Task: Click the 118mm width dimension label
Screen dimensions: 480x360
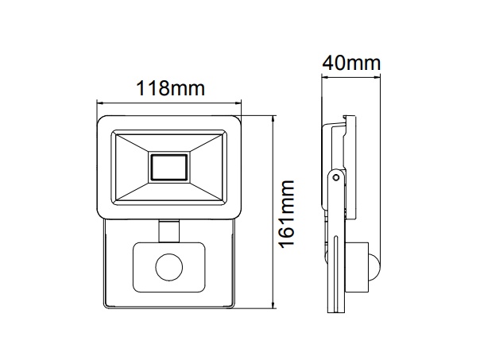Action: (170, 89)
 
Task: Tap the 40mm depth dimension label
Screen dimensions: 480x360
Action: (351, 63)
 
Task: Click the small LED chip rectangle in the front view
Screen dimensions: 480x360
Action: (169, 167)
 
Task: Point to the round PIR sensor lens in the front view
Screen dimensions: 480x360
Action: (169, 267)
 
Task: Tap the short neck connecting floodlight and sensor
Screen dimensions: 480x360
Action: (169, 231)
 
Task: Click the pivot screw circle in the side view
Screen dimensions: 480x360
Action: (336, 177)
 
